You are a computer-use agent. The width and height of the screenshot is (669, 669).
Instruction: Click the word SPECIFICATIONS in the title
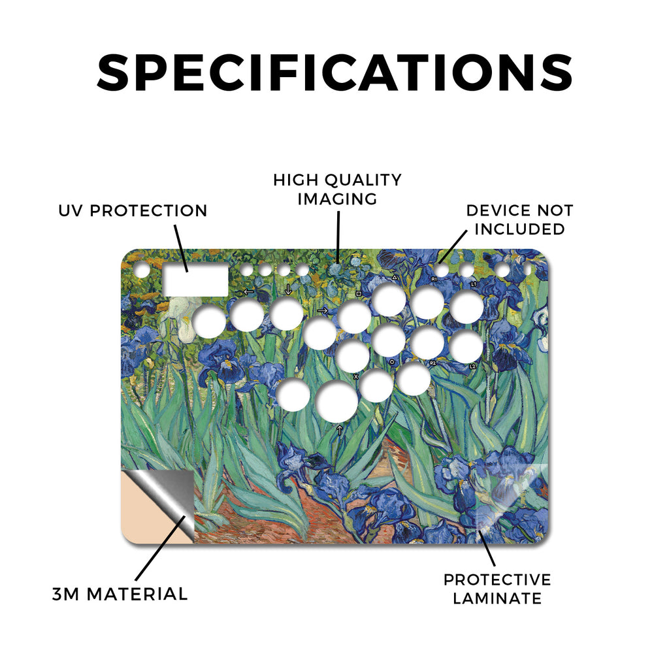pos(334,73)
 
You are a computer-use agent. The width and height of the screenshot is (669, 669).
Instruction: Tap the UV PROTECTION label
pos(133,211)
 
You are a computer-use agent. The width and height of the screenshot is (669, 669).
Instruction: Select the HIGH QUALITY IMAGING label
pos(337,189)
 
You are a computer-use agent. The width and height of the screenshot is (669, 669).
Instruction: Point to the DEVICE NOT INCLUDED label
pos(519,220)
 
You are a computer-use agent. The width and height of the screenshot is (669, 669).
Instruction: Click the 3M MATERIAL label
pos(120,595)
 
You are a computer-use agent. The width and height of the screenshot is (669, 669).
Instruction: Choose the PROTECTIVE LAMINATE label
pos(497,589)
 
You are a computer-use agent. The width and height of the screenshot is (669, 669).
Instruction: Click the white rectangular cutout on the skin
pos(196,280)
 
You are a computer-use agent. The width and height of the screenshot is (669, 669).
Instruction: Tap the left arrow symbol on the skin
pos(248,292)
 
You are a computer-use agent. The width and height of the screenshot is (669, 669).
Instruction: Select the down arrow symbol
pos(288,289)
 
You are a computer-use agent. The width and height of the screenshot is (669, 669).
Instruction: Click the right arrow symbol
pos(323,310)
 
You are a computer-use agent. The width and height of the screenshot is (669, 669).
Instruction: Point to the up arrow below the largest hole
pos(340,430)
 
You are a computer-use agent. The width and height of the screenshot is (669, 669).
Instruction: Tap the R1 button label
pos(434,279)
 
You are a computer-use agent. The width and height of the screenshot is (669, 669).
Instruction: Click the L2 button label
pos(472,366)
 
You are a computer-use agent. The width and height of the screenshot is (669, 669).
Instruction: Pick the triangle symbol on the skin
pos(395,278)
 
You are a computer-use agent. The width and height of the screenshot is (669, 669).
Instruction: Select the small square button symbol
pos(359,293)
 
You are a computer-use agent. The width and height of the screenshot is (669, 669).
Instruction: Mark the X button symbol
pos(356,377)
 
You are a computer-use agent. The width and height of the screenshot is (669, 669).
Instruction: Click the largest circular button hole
pos(337,402)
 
